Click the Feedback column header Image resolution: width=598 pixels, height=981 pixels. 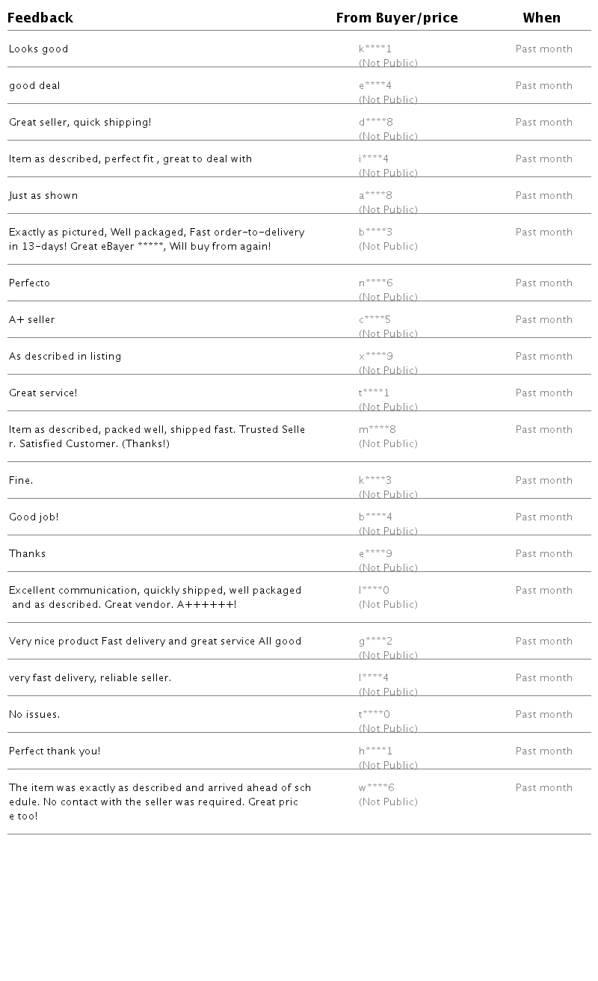[x=40, y=18]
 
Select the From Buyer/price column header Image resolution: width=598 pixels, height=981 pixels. [x=397, y=18]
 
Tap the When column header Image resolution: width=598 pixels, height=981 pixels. [x=541, y=18]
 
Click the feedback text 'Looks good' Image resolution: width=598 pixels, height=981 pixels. [x=38, y=49]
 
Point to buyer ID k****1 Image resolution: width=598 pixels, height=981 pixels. [x=375, y=49]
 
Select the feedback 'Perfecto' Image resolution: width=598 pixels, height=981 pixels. [x=29, y=283]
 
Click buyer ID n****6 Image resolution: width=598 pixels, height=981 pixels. [x=375, y=283]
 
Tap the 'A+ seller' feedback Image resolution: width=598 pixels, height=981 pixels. [x=31, y=320]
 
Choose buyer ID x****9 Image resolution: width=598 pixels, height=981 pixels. [x=375, y=357]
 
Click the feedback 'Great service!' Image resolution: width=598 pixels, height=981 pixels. [x=43, y=393]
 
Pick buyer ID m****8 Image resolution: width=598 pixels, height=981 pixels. [x=377, y=430]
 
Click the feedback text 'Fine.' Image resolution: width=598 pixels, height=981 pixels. [x=21, y=481]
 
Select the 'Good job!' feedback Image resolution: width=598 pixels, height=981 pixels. [x=34, y=517]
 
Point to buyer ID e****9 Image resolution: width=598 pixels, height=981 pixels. [x=375, y=554]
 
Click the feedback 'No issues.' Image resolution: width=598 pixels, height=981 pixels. [x=34, y=715]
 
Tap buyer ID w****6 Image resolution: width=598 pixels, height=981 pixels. [x=376, y=788]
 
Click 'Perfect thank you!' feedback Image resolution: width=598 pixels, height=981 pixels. [x=55, y=751]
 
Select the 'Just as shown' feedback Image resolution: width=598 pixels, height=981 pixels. [x=43, y=196]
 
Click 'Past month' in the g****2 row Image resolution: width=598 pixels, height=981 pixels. [x=543, y=642]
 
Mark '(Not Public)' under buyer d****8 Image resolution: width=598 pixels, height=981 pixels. [x=388, y=136]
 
